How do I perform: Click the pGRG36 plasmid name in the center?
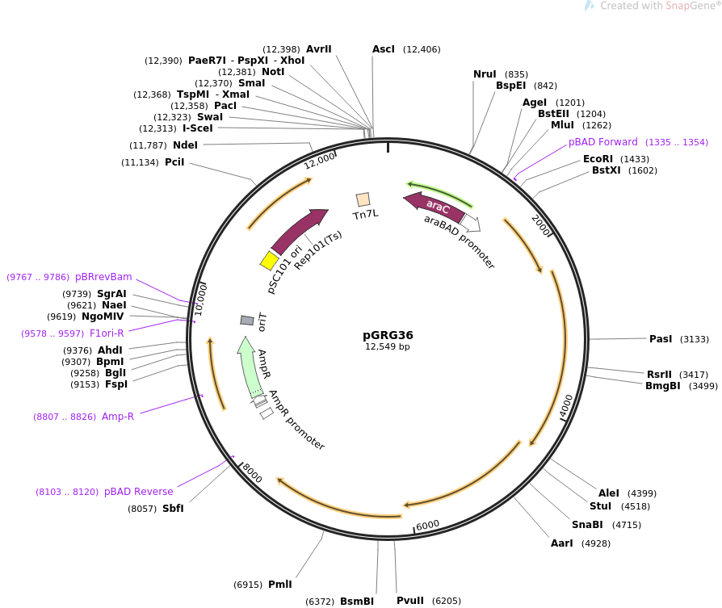pyautogui.click(x=388, y=335)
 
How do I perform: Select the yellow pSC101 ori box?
pyautogui.click(x=269, y=260)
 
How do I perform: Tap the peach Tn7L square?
pyautogui.click(x=363, y=199)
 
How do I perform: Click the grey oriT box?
pyautogui.click(x=247, y=321)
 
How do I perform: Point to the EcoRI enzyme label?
pyautogui.click(x=598, y=159)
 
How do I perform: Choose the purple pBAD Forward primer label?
pyautogui.click(x=603, y=142)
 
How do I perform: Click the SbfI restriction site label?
pyautogui.click(x=173, y=509)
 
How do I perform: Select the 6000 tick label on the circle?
pyautogui.click(x=428, y=525)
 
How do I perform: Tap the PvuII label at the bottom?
pyautogui.click(x=410, y=601)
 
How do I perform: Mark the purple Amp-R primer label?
pyautogui.click(x=118, y=417)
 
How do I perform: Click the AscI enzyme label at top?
pyautogui.click(x=384, y=50)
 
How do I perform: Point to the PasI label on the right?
pyautogui.click(x=661, y=339)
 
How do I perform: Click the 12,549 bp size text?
pyautogui.click(x=388, y=347)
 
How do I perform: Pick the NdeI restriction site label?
pyautogui.click(x=185, y=145)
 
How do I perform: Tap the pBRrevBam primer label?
pyautogui.click(x=103, y=277)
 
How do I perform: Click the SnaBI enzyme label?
pyautogui.click(x=587, y=525)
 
